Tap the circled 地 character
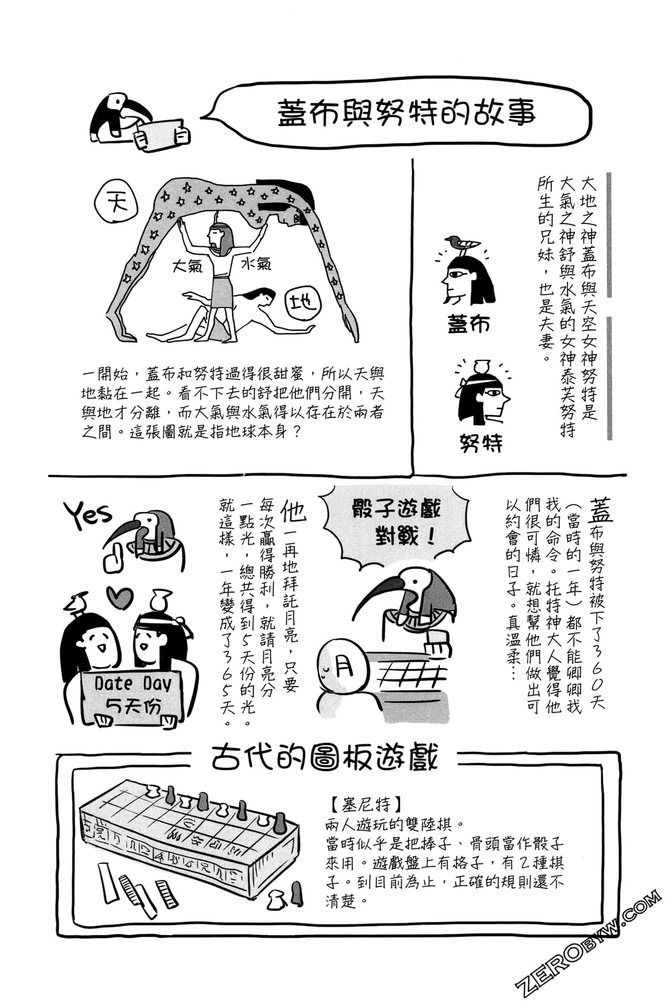(x=303, y=303)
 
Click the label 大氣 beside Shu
(x=187, y=265)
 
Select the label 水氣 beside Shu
(x=256, y=264)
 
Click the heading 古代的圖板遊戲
(x=325, y=758)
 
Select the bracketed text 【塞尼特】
(x=364, y=804)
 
